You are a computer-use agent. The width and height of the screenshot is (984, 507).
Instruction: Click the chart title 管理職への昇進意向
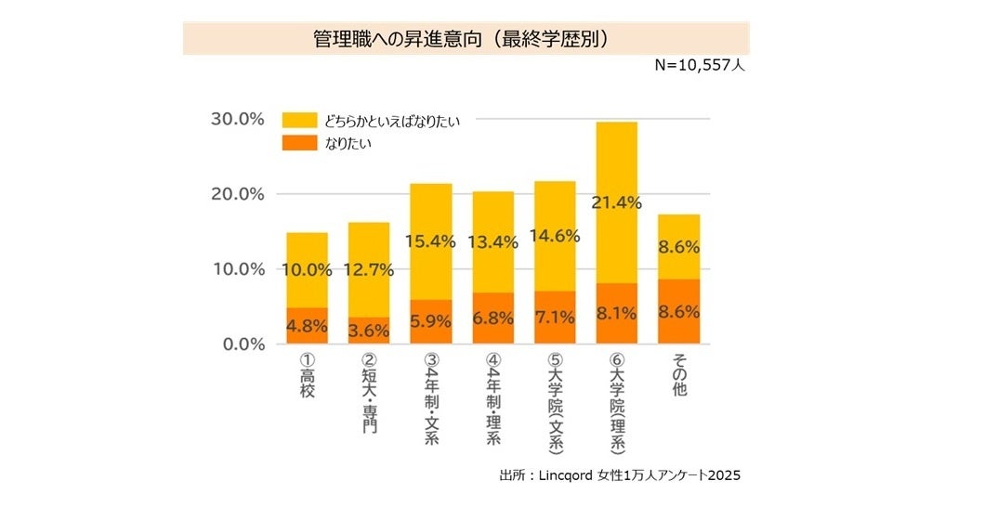[465, 39]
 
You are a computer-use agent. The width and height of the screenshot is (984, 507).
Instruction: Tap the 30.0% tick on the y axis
[240, 120]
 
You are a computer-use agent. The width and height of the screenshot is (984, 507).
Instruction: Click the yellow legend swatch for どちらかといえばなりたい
[301, 121]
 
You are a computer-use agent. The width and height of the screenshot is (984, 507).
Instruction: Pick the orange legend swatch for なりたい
[301, 142]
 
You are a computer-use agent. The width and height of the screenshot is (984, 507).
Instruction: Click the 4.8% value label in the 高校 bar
[307, 326]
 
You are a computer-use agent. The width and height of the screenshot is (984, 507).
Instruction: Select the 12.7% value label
[369, 270]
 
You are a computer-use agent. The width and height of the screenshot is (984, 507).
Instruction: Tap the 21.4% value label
[616, 202]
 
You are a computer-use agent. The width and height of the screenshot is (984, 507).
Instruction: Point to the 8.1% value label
[616, 314]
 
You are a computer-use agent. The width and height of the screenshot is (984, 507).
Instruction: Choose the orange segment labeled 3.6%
[369, 331]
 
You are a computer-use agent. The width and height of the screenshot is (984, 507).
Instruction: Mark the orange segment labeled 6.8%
[492, 318]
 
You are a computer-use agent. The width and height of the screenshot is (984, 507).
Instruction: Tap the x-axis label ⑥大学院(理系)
[617, 402]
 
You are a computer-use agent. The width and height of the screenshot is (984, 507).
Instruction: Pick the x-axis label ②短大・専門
[369, 395]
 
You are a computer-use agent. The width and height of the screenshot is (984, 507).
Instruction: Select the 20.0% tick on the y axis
[240, 194]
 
